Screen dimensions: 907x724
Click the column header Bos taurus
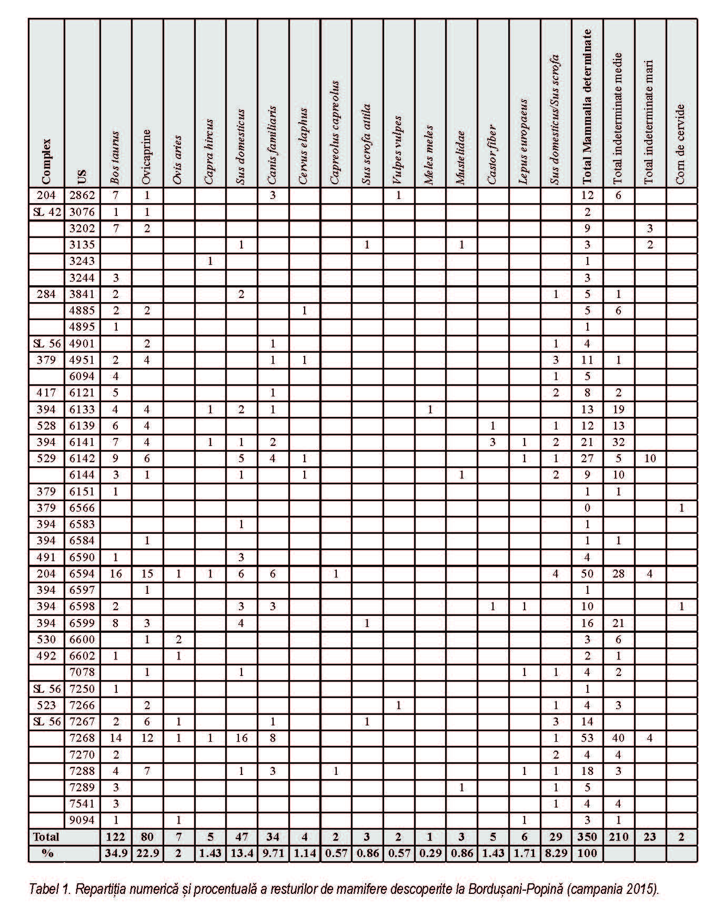pos(116,158)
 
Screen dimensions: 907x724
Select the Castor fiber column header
pos(492,154)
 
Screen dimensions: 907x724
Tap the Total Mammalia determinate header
pos(587,105)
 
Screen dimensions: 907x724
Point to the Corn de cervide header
pos(681,145)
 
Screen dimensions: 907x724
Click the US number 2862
pos(82,195)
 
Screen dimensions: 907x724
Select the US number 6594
pos(82,573)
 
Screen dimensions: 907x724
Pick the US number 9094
pos(82,820)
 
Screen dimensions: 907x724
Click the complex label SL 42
pos(47,212)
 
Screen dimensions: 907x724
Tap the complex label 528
pos(46,425)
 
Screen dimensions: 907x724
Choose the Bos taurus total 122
pos(116,837)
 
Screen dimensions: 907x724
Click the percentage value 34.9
pos(116,853)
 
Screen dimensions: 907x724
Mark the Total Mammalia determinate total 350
pos(587,837)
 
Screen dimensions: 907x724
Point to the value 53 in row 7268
pos(587,737)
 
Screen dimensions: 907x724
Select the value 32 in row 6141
pos(618,442)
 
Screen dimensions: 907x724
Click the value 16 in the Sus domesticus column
pos(241,737)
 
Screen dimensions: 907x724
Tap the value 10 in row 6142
pos(650,458)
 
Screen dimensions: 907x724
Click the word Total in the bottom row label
pos(46,837)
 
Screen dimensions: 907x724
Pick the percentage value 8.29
pos(556,853)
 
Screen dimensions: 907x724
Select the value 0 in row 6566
pos(587,507)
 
